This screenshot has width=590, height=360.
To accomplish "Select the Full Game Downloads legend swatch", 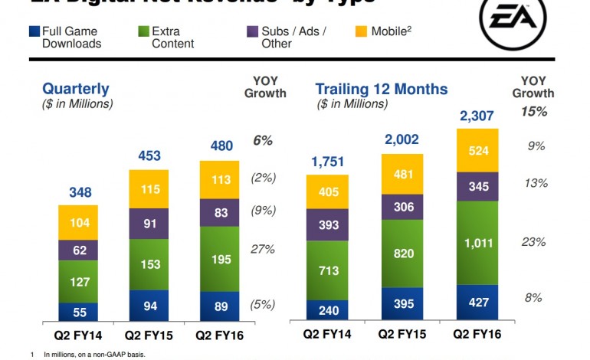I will coord(34,33).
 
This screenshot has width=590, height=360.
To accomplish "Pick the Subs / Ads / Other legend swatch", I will coord(251,33).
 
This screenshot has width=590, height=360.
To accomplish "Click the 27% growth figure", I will coord(263,248).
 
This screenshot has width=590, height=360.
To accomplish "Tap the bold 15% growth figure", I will coord(534,112).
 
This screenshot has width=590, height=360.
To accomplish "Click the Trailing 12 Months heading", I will coord(382,90).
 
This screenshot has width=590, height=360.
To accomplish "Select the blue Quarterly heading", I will coord(76,90).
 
